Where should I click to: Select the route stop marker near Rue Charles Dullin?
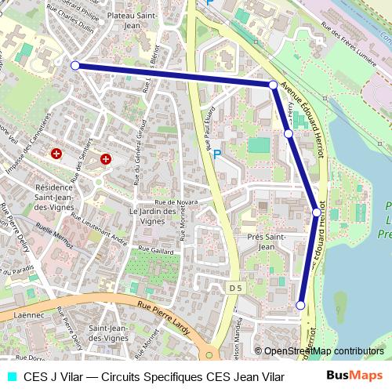75,66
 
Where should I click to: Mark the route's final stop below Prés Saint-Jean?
300,305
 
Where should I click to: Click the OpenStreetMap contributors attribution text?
319,351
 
